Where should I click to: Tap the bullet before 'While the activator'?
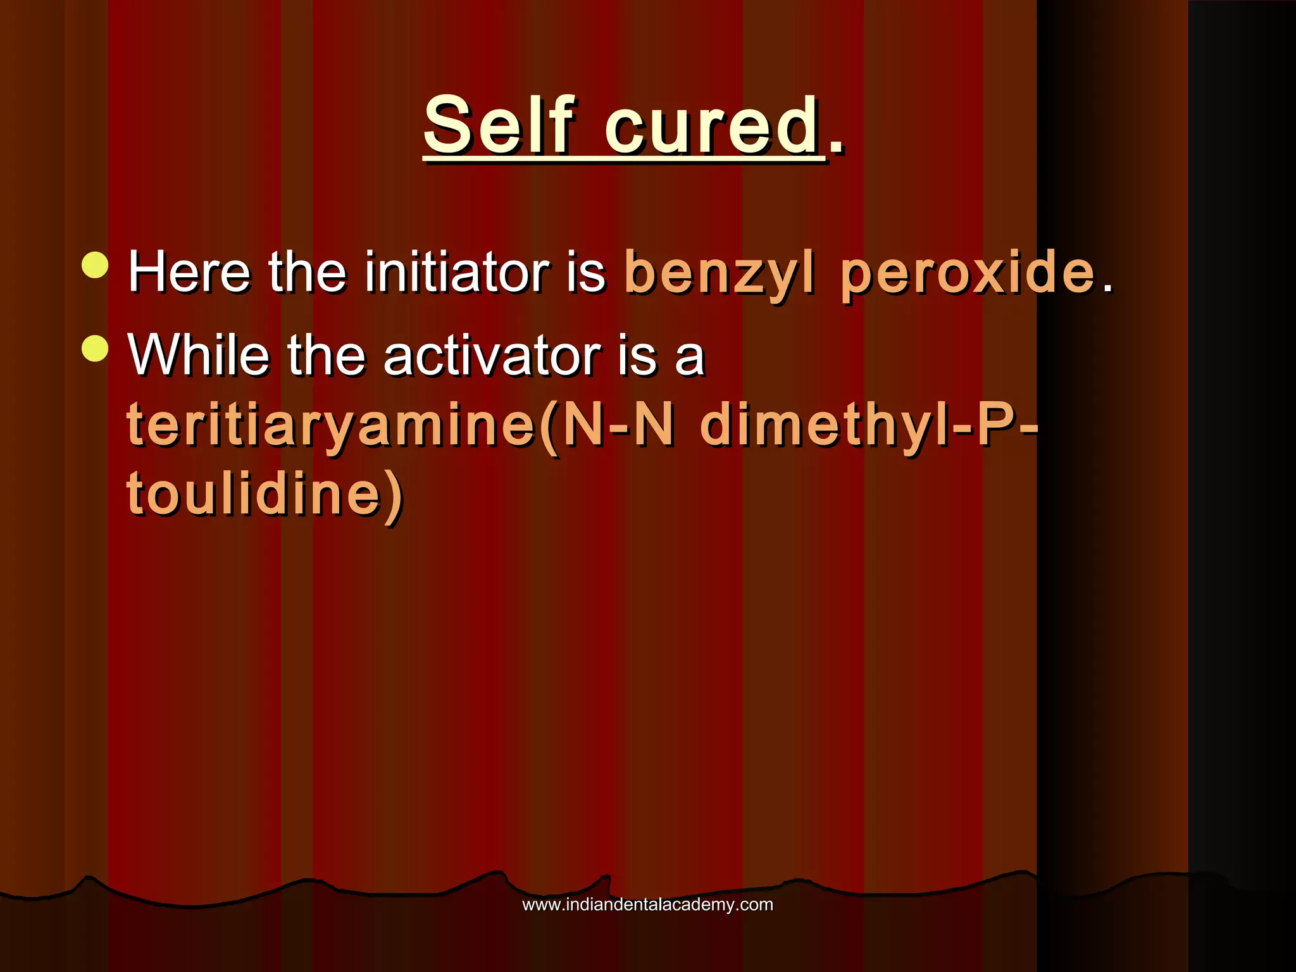[96, 347]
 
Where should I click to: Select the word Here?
[189, 272]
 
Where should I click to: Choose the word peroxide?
[968, 272]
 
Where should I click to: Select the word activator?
[492, 356]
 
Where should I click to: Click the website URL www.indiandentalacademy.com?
[647, 904]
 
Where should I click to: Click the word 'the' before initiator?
[308, 272]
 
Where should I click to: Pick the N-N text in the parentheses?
[618, 425]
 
